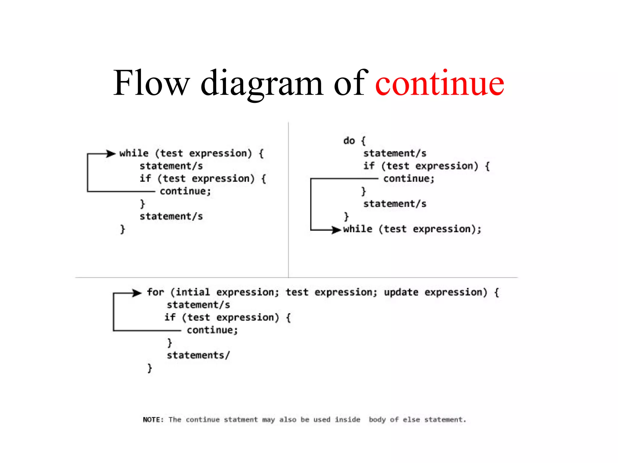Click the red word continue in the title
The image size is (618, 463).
439,83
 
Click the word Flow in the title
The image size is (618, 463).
151,83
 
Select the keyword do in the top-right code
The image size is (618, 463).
349,141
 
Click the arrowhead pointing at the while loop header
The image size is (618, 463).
111,154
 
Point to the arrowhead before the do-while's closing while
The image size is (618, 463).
336,230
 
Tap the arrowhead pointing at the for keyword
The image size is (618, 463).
137,293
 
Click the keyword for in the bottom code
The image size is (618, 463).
155,292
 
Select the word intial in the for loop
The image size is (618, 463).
193,292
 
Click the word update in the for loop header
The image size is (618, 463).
401,292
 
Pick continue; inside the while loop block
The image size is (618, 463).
185,191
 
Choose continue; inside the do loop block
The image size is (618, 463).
409,179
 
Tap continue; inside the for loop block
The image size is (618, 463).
212,330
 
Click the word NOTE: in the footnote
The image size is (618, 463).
153,420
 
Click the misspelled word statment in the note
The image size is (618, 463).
241,420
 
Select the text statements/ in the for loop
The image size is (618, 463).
198,355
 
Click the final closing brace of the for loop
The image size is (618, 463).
150,368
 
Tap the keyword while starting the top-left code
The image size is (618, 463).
134,153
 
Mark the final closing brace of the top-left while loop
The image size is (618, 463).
123,229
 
